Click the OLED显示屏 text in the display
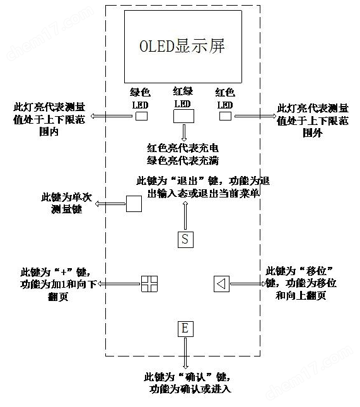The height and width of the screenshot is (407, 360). [x=182, y=47]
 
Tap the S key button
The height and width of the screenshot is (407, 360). [x=185, y=239]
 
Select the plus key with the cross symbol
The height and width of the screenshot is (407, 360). [x=149, y=284]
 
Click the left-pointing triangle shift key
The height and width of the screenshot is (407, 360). [x=221, y=284]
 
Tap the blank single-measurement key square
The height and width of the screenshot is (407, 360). [x=134, y=204]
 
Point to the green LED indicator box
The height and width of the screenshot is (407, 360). [x=142, y=116]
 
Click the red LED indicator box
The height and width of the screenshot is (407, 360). [x=225, y=116]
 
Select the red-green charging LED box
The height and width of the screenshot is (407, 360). [x=183, y=116]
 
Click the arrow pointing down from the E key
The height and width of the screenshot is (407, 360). [x=185, y=353]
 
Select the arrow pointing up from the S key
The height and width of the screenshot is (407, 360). [x=185, y=215]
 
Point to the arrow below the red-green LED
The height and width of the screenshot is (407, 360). [x=184, y=133]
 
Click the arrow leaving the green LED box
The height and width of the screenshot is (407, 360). [x=112, y=116]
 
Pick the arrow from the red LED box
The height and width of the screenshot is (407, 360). [x=255, y=116]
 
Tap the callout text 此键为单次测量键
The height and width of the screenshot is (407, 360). [x=67, y=203]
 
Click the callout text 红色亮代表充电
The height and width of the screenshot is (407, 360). [x=183, y=148]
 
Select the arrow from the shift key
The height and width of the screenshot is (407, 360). [x=248, y=284]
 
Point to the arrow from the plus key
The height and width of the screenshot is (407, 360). [x=119, y=284]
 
